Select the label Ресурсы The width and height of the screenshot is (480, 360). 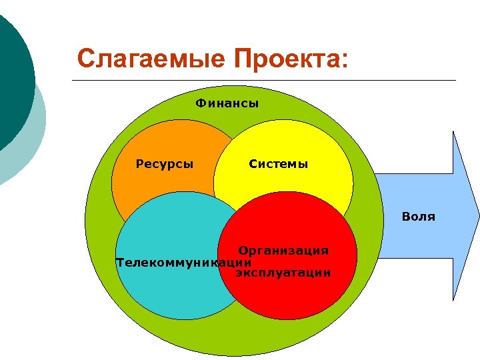tap(165, 163)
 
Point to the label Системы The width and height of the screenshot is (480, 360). tap(278, 163)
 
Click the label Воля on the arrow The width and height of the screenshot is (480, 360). tap(418, 217)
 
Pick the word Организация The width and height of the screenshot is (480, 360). tap(284, 251)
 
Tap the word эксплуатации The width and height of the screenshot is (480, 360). tap(283, 273)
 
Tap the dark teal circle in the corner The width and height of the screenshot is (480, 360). tap(10, 73)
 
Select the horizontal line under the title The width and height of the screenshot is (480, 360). tap(267, 81)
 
